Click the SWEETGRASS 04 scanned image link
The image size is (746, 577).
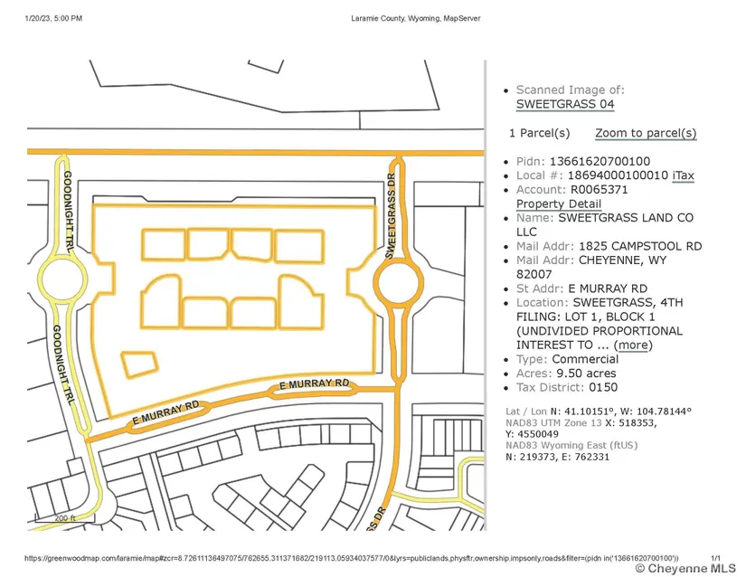pyautogui.click(x=565, y=104)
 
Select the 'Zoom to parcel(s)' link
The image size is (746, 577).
pyautogui.click(x=646, y=133)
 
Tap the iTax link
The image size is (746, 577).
pyautogui.click(x=684, y=175)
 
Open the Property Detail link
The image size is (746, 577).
pyautogui.click(x=559, y=204)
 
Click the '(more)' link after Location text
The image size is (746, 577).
pyautogui.click(x=633, y=345)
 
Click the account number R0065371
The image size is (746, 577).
pyautogui.click(x=599, y=190)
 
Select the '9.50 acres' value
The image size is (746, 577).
pyautogui.click(x=586, y=374)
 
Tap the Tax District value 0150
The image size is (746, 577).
pyautogui.click(x=603, y=387)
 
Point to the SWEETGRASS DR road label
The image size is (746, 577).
pyautogui.click(x=391, y=216)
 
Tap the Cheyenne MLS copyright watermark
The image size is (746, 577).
pyautogui.click(x=685, y=569)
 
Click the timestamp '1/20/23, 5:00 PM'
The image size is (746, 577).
pyautogui.click(x=53, y=19)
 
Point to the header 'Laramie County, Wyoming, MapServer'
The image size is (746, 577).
pyautogui.click(x=416, y=19)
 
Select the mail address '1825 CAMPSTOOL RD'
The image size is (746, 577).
pyautogui.click(x=640, y=246)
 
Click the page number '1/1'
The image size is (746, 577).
pyautogui.click(x=716, y=558)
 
